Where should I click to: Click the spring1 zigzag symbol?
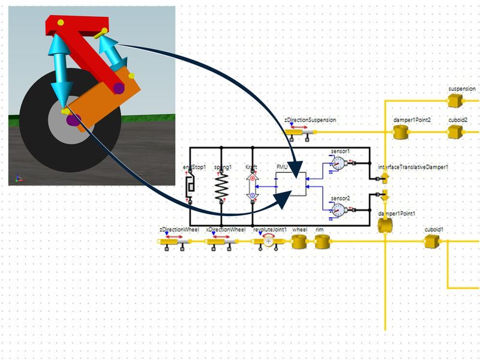point(221,187)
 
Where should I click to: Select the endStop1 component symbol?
point(191,187)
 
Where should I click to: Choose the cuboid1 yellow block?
point(431,242)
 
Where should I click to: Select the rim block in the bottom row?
point(323,242)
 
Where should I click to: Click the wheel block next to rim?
point(299,242)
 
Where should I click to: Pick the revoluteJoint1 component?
point(268,241)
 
